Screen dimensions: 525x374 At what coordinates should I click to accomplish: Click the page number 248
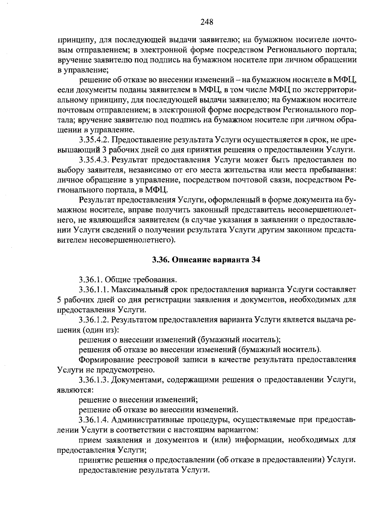207,22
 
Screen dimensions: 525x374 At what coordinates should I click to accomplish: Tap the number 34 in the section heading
255,260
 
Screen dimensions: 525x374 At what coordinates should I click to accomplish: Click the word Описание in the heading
190,260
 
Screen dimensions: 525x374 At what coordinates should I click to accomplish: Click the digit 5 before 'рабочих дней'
60,300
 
